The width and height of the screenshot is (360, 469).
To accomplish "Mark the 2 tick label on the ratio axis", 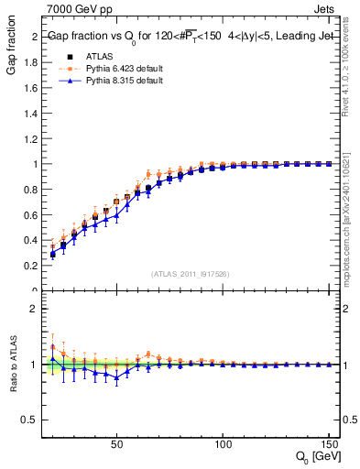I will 35,309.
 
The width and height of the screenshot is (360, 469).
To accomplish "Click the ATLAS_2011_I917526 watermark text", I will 191,274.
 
